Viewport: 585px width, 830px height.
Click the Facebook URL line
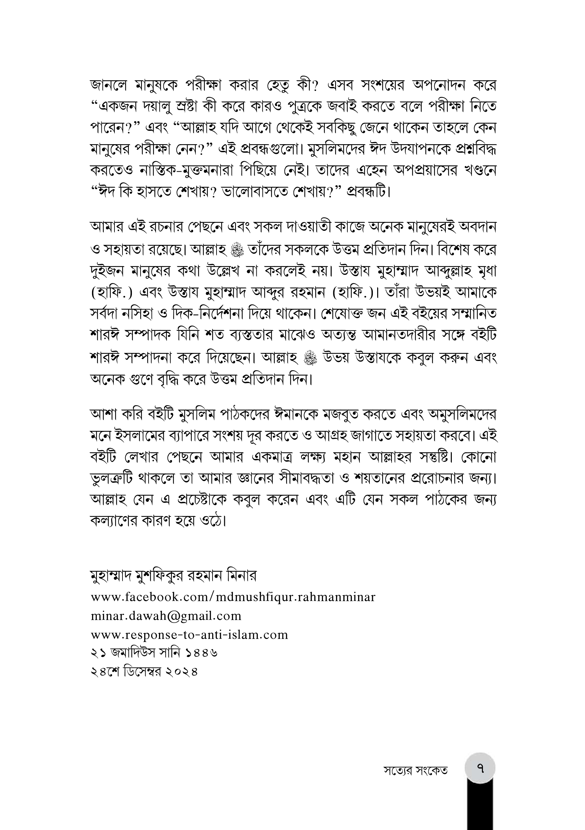point(233,597)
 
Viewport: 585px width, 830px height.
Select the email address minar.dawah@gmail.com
point(166,616)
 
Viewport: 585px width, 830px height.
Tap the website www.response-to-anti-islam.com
point(189,634)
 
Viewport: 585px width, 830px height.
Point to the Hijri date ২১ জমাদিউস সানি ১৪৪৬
point(154,653)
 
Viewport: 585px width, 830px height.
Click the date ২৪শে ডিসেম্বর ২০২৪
point(144,672)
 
